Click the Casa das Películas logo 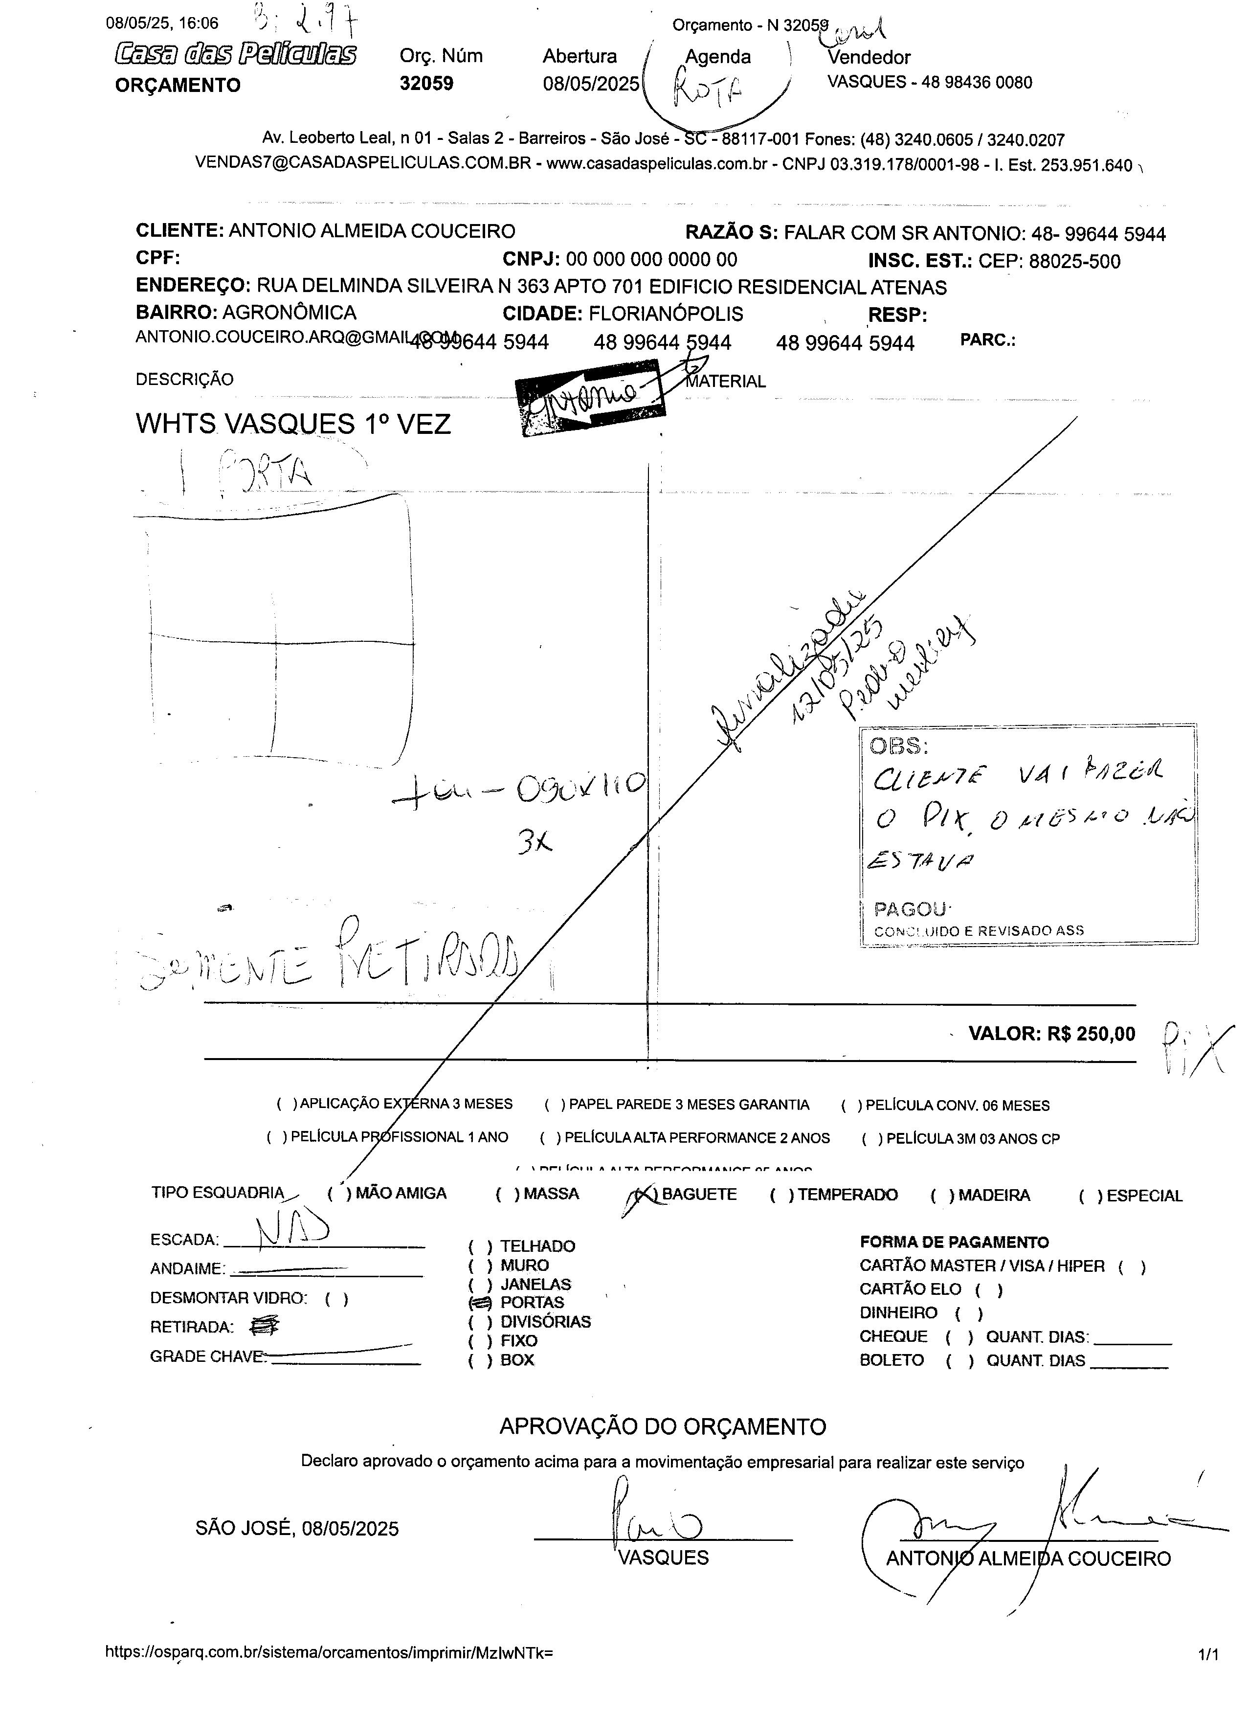[235, 54]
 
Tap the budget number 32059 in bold [426, 83]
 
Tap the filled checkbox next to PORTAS [480, 1303]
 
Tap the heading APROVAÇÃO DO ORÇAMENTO [662, 1426]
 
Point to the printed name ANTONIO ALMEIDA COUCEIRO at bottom [1028, 1559]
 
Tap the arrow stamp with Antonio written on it [590, 395]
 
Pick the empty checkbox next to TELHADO [480, 1246]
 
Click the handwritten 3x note [535, 842]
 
